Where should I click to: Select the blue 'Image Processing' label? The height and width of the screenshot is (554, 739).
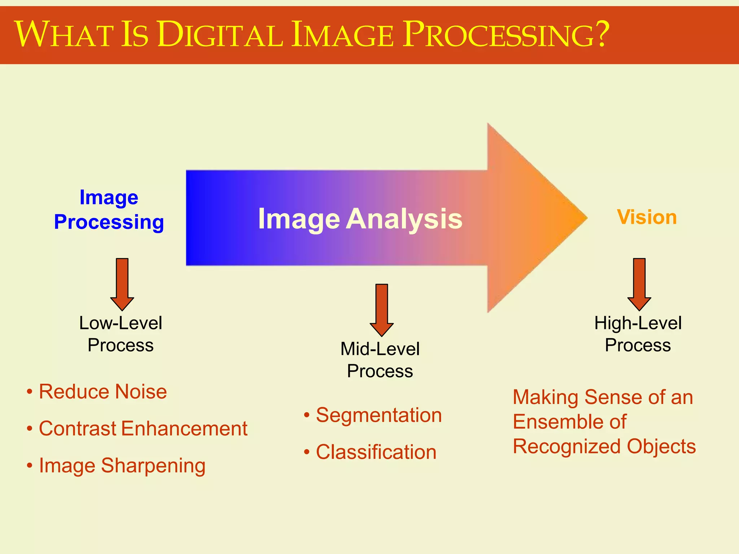[109, 210]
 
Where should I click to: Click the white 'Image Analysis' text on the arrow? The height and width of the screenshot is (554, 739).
[360, 219]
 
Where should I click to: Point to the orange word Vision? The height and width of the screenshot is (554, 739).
[647, 217]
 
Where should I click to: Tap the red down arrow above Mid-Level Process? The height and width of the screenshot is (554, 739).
[381, 310]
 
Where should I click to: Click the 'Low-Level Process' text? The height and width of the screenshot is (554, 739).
[121, 334]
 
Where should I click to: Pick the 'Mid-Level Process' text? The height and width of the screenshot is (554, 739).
[380, 360]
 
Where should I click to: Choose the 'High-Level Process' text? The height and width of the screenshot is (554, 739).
[638, 334]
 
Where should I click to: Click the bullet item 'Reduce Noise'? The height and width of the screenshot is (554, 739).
[102, 392]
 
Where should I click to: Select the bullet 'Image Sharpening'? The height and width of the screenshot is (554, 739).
[122, 465]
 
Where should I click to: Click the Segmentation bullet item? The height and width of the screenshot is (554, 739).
[379, 415]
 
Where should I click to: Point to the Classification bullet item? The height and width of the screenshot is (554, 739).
[376, 452]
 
